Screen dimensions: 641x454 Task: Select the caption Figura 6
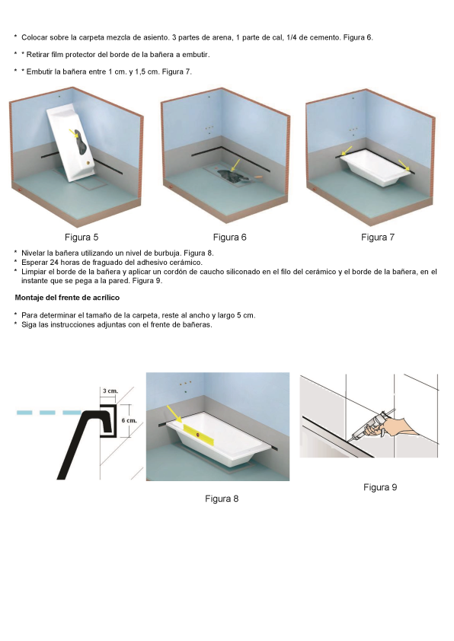pos(229,238)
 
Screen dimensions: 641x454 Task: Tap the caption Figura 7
pos(378,238)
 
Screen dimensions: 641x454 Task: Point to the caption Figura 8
pos(222,499)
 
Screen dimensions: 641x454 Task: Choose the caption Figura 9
pos(380,487)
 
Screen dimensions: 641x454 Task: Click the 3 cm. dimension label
pos(110,391)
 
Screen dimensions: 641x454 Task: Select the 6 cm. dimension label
pos(129,420)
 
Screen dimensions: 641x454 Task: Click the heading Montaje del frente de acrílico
pos(62,297)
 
